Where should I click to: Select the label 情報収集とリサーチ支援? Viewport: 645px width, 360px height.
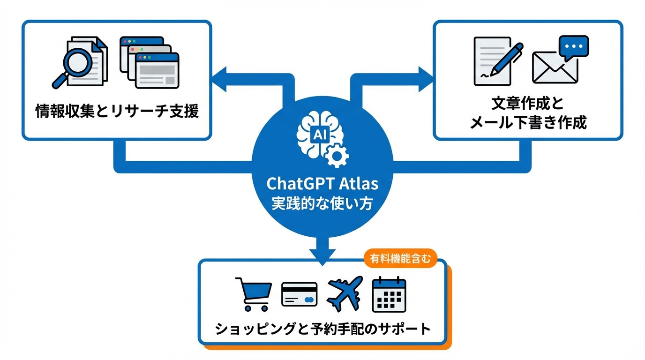[117, 112]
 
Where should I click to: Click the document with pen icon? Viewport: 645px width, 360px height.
[497, 61]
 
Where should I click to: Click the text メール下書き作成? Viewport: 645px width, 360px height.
[528, 123]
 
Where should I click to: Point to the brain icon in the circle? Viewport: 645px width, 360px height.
[317, 136]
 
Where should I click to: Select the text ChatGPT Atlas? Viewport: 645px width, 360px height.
[322, 183]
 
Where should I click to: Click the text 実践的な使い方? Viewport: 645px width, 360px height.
[322, 203]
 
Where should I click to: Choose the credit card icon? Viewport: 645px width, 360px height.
[299, 294]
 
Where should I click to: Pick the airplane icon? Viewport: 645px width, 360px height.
[345, 293]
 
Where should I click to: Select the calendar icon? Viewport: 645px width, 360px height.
[389, 294]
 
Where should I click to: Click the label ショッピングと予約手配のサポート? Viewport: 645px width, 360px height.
[322, 329]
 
